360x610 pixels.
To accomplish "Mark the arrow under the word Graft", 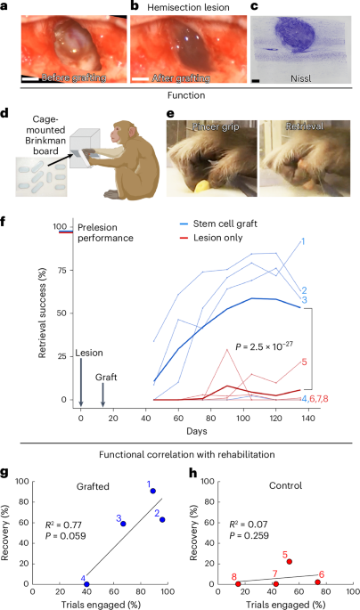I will coord(102,374).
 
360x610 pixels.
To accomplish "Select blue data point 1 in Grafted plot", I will coord(153,492).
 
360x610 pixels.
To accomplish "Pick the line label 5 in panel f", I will coord(304,362).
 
